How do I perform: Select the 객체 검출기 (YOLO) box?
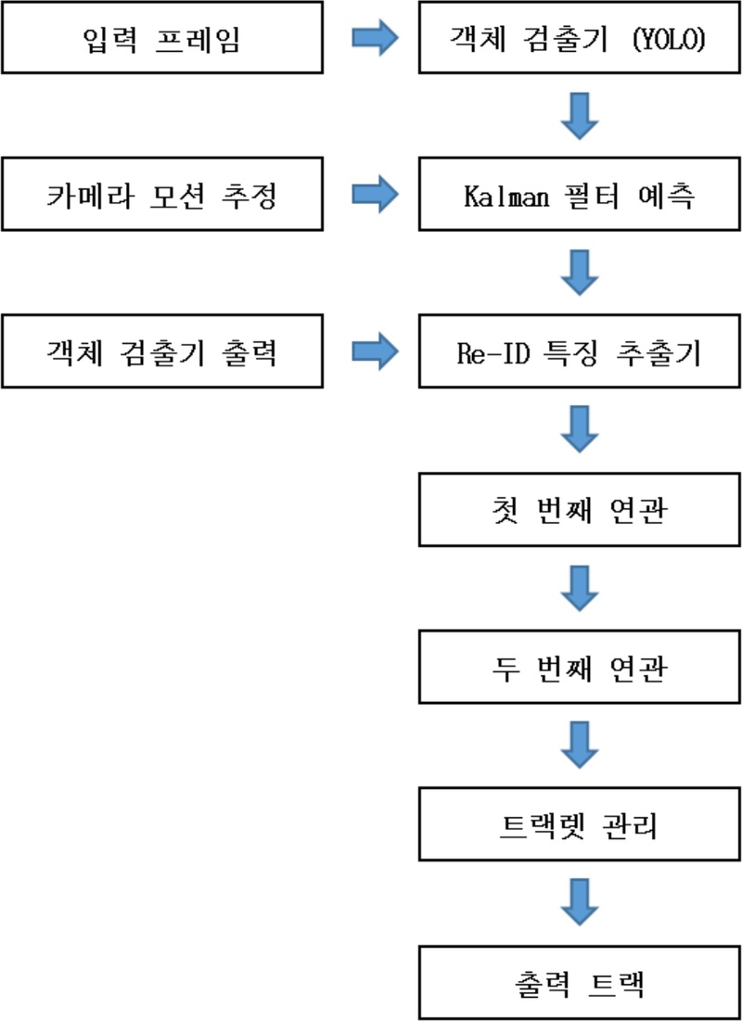(x=579, y=40)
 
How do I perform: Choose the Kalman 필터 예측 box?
(x=579, y=197)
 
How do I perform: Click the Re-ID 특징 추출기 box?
(x=579, y=353)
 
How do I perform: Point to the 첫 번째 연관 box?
(x=579, y=511)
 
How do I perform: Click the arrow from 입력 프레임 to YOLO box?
(x=375, y=40)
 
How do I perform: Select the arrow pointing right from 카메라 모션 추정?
(x=375, y=197)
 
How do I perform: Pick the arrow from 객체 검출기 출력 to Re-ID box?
(x=375, y=353)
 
